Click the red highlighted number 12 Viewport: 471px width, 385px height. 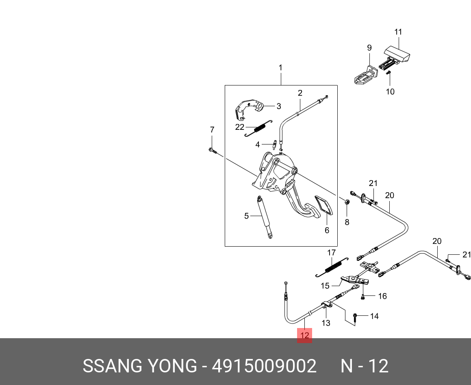click(304, 335)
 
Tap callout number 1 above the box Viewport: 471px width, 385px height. click(280, 68)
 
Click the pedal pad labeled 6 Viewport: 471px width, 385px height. click(323, 206)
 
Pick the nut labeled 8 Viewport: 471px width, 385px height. click(347, 202)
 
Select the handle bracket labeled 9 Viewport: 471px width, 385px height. click(366, 74)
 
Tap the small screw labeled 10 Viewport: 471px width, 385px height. click(389, 73)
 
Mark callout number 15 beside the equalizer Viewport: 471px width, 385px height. click(325, 286)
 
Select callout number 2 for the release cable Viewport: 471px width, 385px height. click(300, 93)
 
